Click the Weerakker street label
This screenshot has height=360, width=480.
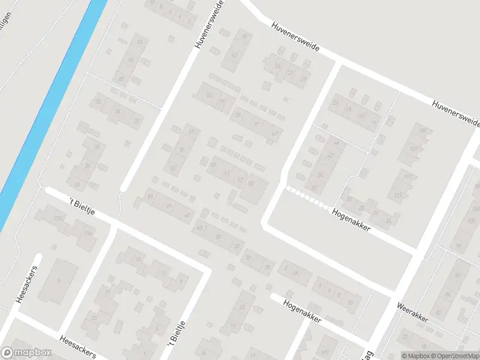(x=412, y=311)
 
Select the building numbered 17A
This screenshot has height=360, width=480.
(x=89, y=233)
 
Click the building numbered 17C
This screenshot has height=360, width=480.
(x=58, y=218)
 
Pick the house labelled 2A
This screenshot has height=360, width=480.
(x=295, y=272)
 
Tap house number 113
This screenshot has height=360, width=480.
(x=398, y=196)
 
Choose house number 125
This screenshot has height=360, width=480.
(x=424, y=131)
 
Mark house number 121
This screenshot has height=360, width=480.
(x=412, y=149)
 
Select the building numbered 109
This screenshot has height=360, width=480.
(x=325, y=352)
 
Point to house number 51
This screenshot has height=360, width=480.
(x=181, y=149)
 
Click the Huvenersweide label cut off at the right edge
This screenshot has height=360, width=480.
(x=457, y=113)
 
